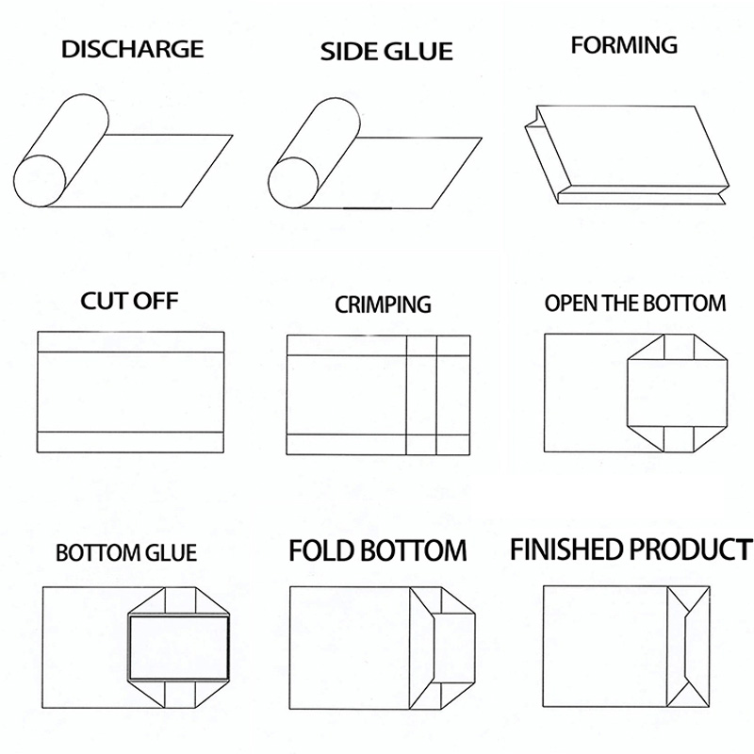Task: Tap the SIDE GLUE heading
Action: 386,51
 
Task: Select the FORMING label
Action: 624,44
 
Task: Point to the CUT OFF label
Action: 129,302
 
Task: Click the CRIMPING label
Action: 383,304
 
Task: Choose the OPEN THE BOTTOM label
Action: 635,303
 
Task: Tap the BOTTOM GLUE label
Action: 126,551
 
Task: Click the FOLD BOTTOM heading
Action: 378,550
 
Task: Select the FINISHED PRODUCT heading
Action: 631,549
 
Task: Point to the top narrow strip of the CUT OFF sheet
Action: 130,341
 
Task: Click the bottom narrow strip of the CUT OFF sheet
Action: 130,441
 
